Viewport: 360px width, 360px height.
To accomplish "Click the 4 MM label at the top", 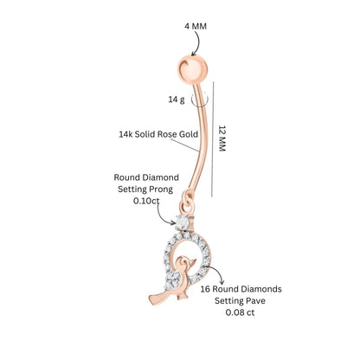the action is click(196, 26).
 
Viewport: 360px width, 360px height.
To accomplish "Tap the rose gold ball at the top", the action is click(192, 69).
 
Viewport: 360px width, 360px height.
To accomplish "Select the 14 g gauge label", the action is click(177, 100).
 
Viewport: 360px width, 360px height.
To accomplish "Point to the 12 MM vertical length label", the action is click(222, 138).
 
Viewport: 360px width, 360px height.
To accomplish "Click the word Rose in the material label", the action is click(167, 134).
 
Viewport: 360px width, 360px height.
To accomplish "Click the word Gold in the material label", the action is click(189, 134).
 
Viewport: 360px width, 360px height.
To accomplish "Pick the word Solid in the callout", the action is click(145, 134).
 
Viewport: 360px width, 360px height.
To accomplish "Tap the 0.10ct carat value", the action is click(146, 201).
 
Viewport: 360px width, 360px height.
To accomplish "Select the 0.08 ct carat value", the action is click(241, 312).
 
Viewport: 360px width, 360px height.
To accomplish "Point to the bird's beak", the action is click(192, 262).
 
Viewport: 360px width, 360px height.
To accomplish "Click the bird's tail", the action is click(157, 297).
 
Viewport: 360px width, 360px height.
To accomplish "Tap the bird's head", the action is click(183, 262).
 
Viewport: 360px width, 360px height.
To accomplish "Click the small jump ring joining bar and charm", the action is click(186, 201).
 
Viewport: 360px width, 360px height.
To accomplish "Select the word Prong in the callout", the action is click(159, 190).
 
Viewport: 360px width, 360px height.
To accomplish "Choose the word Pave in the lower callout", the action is click(256, 301).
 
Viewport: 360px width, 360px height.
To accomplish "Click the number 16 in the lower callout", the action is click(205, 289).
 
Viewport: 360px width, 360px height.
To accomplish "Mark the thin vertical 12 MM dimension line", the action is click(213, 139).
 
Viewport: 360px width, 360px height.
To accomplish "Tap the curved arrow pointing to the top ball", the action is click(198, 42).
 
